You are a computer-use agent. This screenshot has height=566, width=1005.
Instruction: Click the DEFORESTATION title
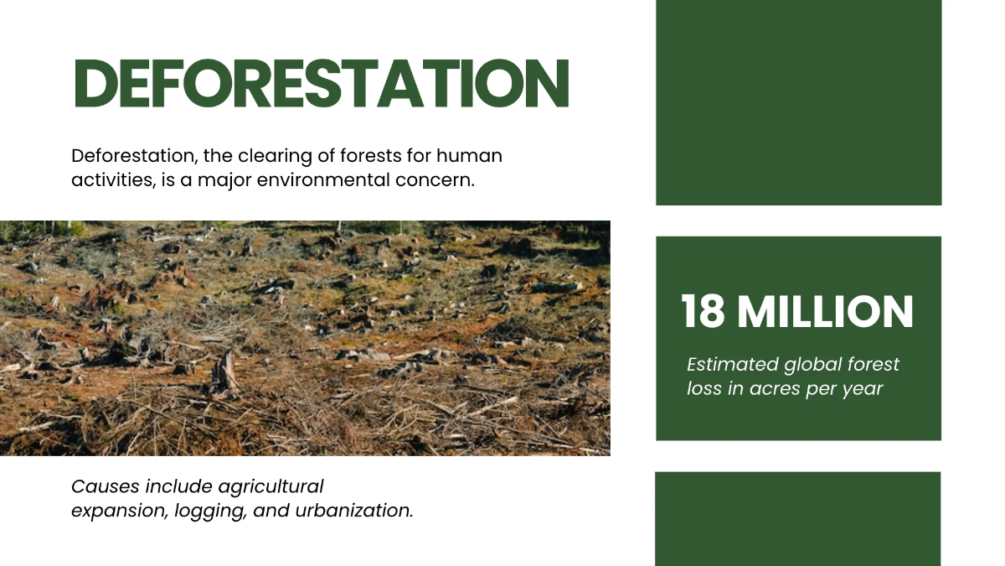[322, 83]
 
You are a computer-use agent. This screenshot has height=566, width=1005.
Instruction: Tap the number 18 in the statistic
[703, 312]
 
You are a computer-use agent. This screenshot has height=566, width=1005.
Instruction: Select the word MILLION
[825, 312]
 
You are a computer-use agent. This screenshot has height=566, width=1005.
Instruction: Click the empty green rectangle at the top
[798, 102]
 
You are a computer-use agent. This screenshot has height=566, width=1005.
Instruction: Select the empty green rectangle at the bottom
[797, 518]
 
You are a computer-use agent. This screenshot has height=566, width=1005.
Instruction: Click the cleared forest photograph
[305, 338]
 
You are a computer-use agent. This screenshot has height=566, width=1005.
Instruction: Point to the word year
[862, 390]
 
